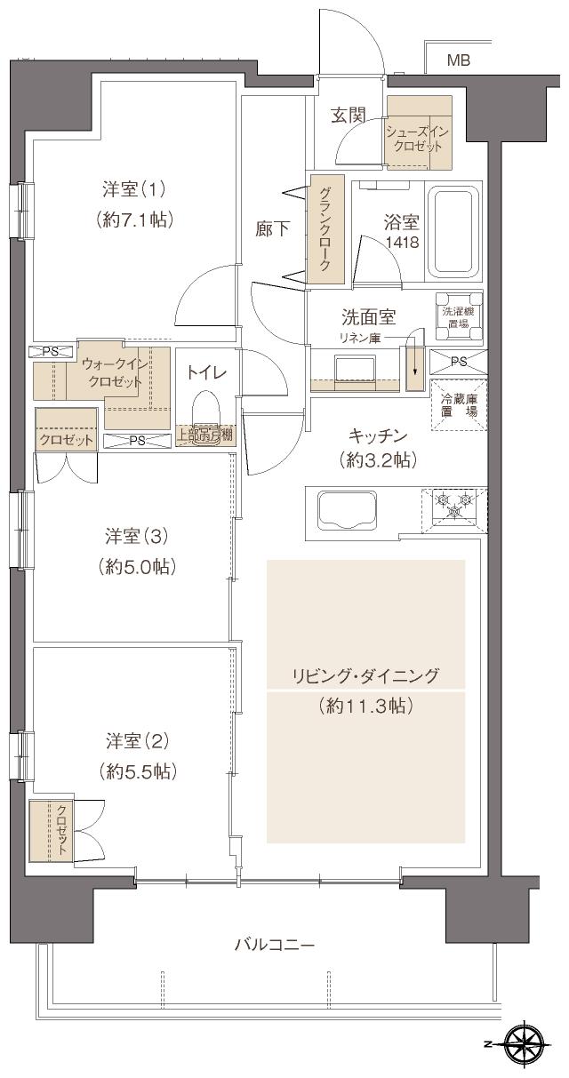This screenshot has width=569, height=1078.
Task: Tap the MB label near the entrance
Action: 458,60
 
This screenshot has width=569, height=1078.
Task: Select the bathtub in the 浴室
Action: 454,232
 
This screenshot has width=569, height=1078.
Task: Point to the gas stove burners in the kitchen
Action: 455,508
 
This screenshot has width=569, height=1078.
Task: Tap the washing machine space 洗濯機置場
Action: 460,317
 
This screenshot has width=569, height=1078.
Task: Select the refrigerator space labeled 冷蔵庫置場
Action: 459,405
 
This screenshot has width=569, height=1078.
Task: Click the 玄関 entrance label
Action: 349,115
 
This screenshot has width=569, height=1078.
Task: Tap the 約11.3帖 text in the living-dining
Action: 365,707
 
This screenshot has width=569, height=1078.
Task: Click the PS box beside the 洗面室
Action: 458,362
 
